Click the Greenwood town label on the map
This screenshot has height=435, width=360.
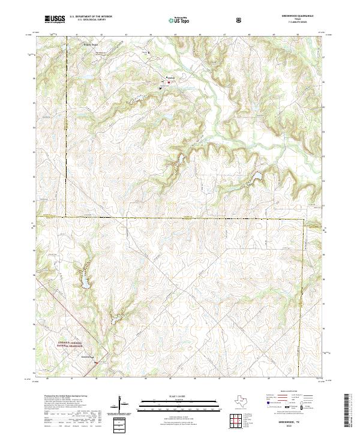click(x=170, y=78)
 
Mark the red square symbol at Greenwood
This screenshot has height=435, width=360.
click(x=168, y=82)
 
